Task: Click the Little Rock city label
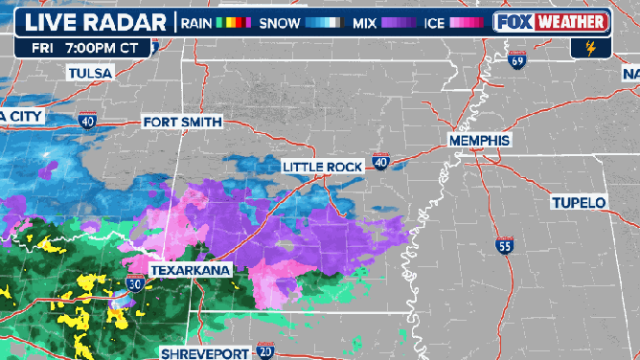[322, 167]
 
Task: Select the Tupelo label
[579, 202]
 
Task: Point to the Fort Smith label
[182, 122]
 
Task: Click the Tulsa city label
[90, 73]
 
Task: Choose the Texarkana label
[191, 271]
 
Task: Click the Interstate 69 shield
[518, 61]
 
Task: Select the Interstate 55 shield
[505, 246]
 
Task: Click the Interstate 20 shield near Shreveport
[266, 351]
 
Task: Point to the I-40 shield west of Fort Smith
[87, 121]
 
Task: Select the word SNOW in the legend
[280, 21]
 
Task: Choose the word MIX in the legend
[363, 21]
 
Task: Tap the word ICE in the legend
[432, 21]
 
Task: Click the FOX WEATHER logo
[551, 21]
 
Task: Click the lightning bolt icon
[589, 46]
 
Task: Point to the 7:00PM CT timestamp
[104, 46]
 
